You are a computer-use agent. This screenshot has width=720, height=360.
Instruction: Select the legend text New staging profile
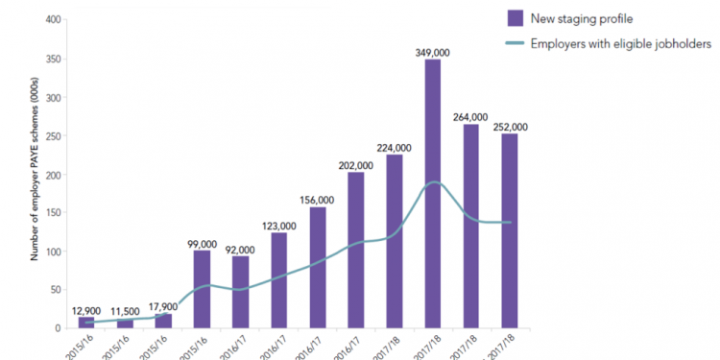tap(585, 17)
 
